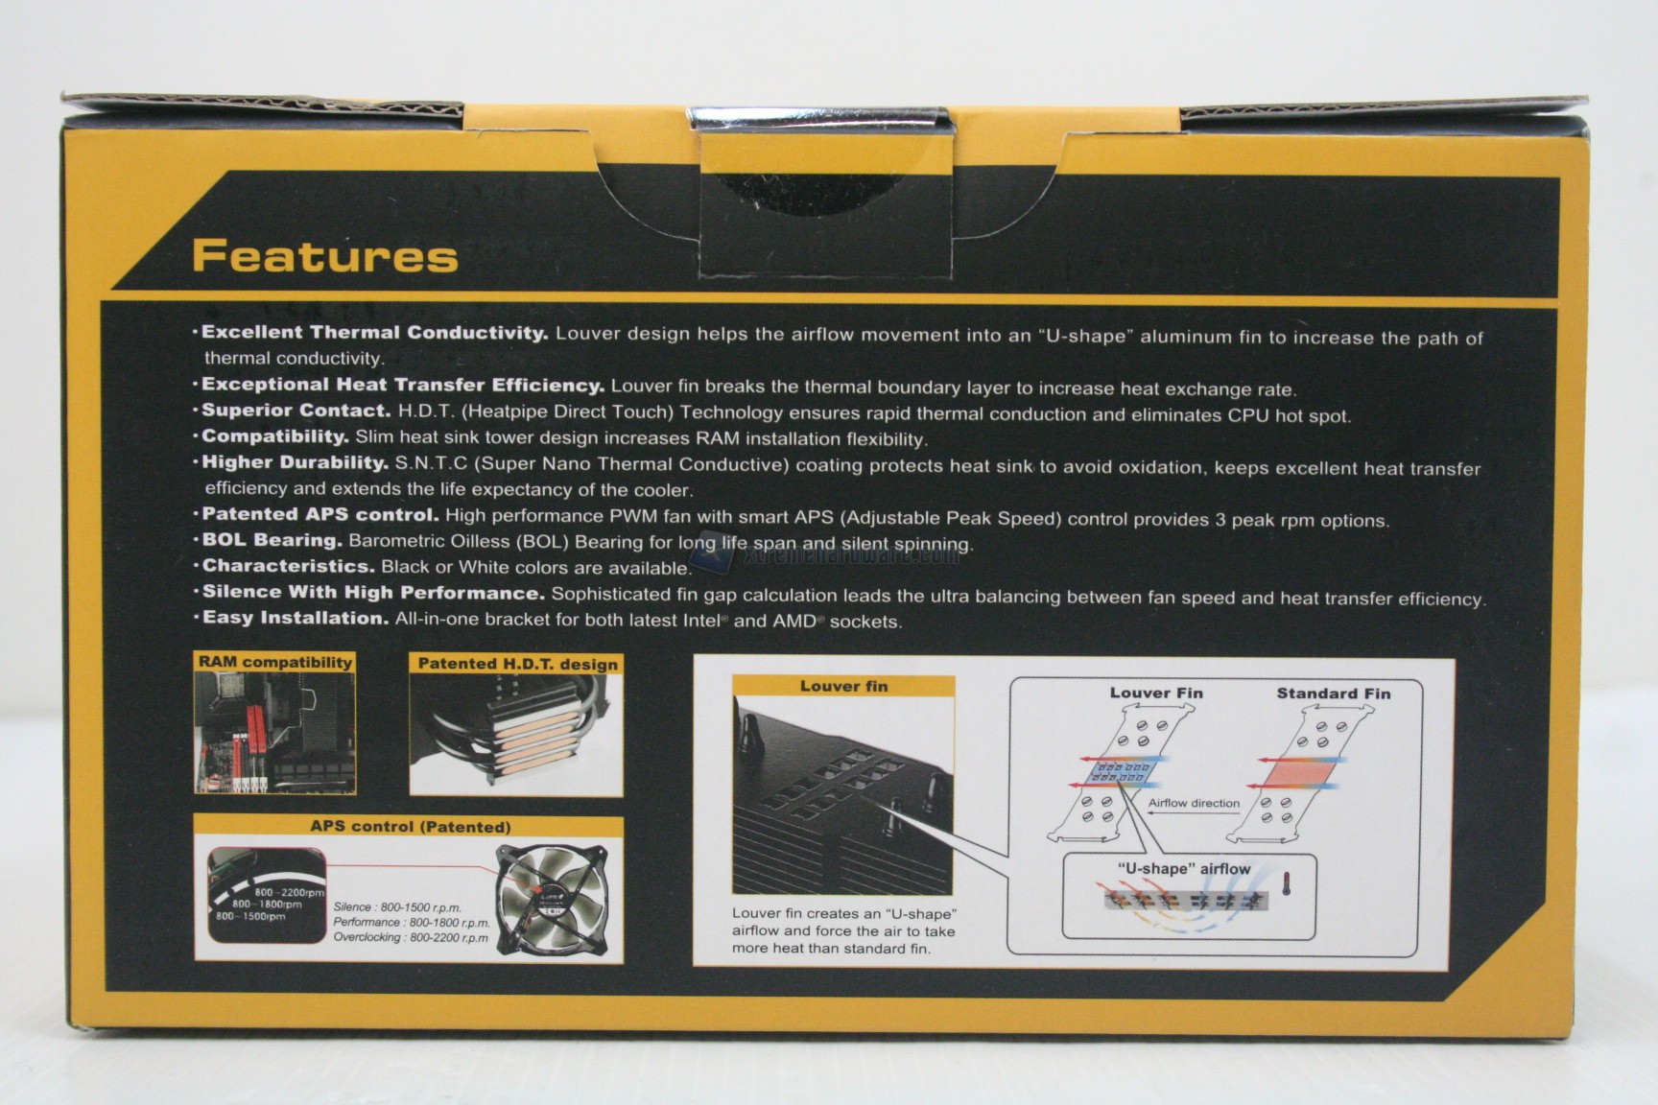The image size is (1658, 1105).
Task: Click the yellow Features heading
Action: (325, 256)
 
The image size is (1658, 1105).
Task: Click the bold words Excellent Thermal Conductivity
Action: (374, 333)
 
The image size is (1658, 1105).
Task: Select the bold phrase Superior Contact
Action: (296, 411)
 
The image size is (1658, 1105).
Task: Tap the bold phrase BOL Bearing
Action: (272, 540)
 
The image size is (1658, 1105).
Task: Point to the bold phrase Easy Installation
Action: (296, 618)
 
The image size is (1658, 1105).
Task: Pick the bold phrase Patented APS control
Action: (320, 514)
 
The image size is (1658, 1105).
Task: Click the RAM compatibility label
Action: (275, 662)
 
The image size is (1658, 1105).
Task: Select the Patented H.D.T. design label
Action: (517, 664)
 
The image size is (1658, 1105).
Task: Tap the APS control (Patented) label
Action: (410, 826)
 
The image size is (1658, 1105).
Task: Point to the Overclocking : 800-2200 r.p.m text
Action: (411, 937)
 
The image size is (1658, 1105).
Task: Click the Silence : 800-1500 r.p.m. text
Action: (397, 906)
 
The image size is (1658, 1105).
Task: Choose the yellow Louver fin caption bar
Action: (843, 686)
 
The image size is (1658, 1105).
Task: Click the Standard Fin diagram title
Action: (1333, 694)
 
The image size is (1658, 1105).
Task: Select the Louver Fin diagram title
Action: (1156, 693)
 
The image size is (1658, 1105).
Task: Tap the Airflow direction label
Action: (1194, 803)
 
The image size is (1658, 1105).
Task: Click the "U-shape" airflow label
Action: (1185, 869)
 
